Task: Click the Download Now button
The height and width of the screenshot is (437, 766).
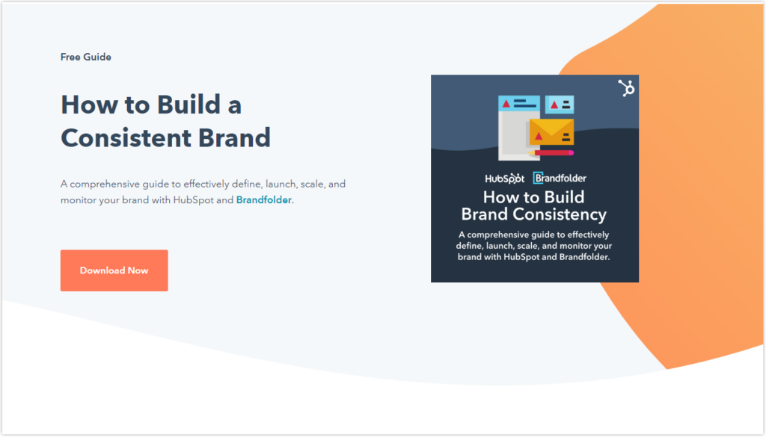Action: (114, 270)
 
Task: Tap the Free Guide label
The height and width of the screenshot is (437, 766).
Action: (86, 57)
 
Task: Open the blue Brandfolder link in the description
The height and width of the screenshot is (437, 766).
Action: (264, 200)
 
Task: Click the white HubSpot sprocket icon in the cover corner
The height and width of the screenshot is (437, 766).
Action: (626, 88)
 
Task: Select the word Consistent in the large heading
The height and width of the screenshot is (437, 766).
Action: (126, 138)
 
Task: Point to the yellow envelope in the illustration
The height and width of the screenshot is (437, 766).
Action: (551, 131)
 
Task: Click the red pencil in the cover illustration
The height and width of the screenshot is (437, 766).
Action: (551, 153)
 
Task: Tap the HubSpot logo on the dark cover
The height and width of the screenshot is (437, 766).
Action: (505, 179)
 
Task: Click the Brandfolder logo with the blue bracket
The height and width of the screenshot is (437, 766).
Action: (560, 178)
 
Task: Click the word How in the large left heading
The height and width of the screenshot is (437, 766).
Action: (85, 105)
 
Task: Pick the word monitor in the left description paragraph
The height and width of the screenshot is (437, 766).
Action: (78, 200)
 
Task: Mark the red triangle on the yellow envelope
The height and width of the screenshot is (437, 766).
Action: (539, 137)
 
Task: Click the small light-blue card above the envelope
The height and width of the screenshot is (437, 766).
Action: (560, 105)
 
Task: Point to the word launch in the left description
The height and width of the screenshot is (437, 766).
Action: (281, 185)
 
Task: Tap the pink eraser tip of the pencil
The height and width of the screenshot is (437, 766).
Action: (571, 153)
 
